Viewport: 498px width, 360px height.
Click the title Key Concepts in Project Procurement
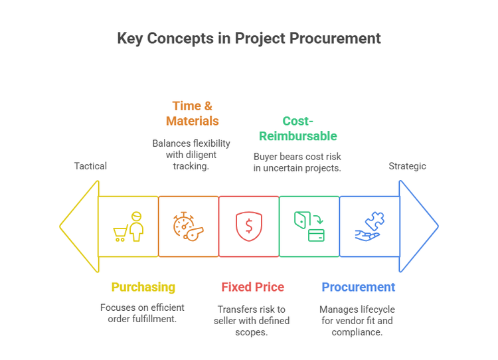(x=249, y=38)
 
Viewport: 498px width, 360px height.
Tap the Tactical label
(x=90, y=166)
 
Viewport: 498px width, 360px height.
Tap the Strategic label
(x=407, y=166)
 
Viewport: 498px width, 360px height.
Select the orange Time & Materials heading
(x=192, y=113)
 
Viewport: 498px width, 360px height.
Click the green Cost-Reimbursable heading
(x=297, y=128)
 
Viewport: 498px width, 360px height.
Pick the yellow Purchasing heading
(x=143, y=287)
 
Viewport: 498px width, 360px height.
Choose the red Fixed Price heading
(x=252, y=287)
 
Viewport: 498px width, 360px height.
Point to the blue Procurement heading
(x=358, y=287)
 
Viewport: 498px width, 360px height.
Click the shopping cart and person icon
(x=129, y=226)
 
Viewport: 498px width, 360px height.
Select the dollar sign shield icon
(x=248, y=226)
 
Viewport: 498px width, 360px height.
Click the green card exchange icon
(x=309, y=226)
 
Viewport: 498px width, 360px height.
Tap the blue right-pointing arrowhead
(x=418, y=226)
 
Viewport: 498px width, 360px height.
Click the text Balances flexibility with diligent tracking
(x=191, y=155)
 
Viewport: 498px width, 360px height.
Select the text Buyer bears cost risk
(x=297, y=157)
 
